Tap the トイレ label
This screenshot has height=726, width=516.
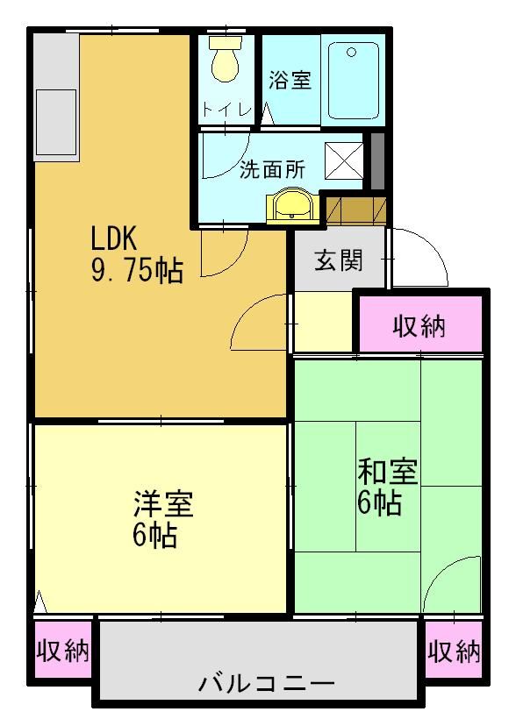[x=227, y=110]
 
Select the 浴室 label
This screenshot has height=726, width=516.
[x=290, y=81]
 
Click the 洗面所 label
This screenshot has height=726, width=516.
[x=273, y=169]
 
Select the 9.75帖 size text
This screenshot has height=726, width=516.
[x=137, y=271]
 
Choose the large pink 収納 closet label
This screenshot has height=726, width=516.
[x=419, y=327]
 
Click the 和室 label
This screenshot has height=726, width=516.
[x=386, y=472]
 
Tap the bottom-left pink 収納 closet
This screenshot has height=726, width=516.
[x=63, y=651]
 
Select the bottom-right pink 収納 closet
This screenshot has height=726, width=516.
[x=455, y=651]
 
